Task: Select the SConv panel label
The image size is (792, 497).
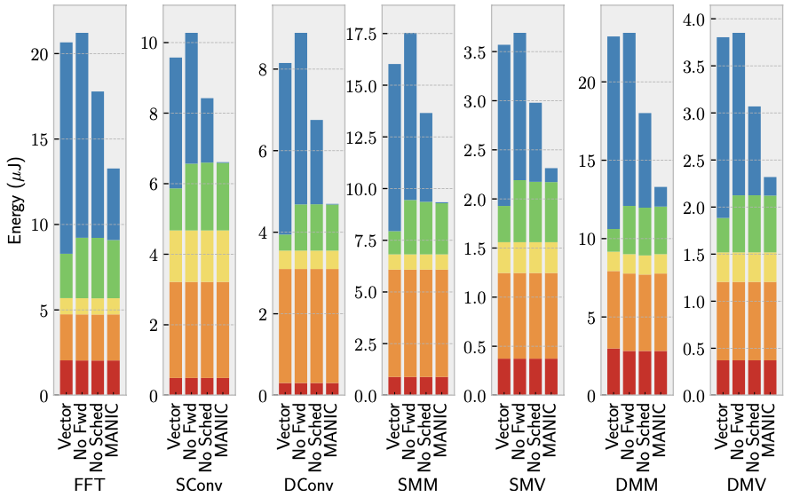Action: tap(199, 485)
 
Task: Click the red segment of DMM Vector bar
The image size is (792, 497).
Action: tap(614, 372)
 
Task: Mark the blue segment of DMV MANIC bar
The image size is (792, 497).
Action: tap(770, 185)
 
